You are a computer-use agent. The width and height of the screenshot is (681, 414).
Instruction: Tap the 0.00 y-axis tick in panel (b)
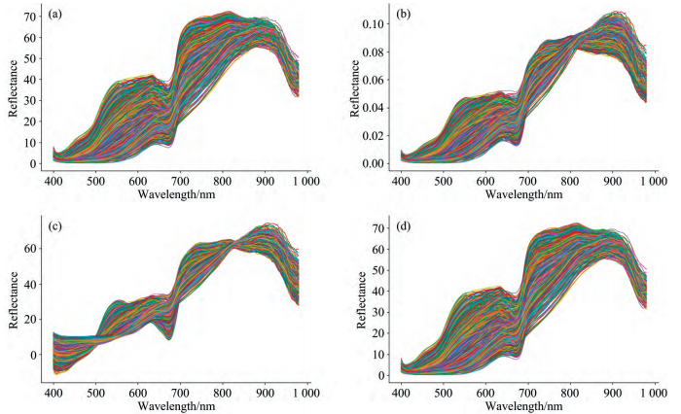click(x=374, y=162)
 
